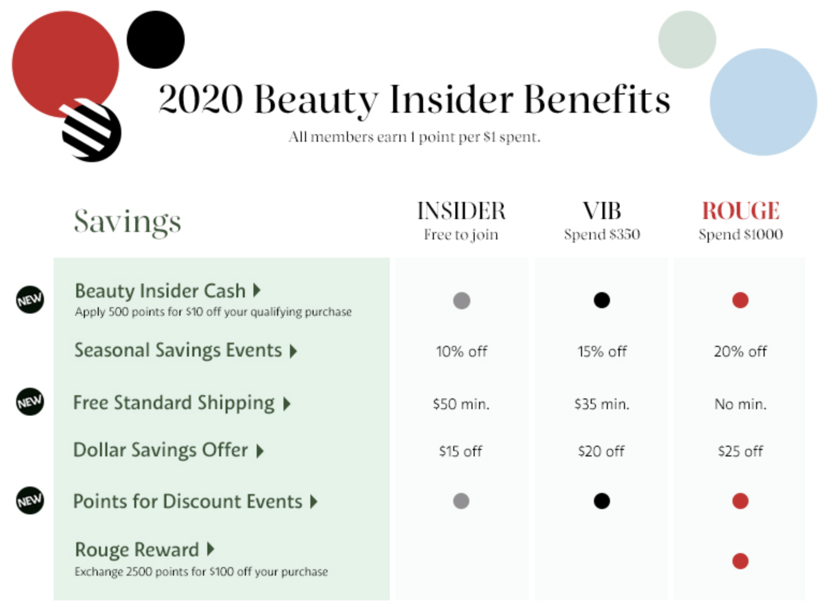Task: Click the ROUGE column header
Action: tap(741, 210)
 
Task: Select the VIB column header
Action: tap(602, 210)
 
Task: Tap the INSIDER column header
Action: tap(461, 210)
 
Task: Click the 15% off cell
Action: tap(602, 351)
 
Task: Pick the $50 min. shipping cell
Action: tap(461, 404)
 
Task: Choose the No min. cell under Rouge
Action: tap(741, 404)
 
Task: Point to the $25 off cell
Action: tap(740, 451)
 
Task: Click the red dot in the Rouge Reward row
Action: tap(740, 561)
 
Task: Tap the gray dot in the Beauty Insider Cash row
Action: tap(462, 300)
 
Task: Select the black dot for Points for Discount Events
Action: tap(602, 502)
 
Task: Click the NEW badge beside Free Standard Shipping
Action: tap(30, 402)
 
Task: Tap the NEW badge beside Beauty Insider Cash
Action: tap(30, 300)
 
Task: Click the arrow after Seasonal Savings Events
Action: tap(293, 351)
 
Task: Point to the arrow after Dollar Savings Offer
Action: tap(260, 451)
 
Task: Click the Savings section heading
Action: tap(127, 222)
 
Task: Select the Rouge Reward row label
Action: tap(137, 549)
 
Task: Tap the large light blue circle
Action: tap(764, 102)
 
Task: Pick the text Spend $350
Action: tap(602, 235)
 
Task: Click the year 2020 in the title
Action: tap(201, 99)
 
